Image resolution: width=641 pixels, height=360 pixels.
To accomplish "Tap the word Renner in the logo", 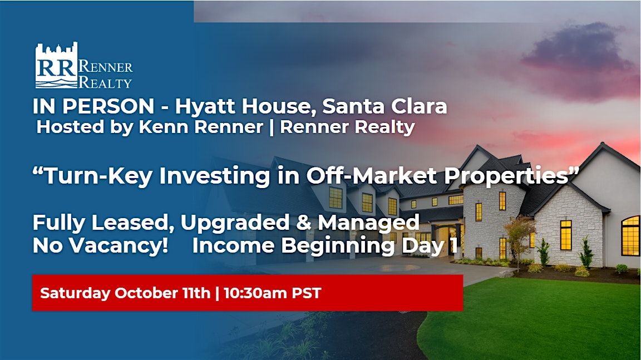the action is tap(105, 66).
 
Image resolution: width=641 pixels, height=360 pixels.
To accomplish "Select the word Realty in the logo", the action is tap(105, 82).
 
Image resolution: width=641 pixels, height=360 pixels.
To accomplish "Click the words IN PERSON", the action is tap(93, 106).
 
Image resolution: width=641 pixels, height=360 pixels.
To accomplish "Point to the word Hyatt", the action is tap(206, 107).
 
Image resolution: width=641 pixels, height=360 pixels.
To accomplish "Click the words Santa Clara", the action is tap(384, 106).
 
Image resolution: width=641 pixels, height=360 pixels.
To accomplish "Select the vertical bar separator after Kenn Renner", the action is tap(272, 127).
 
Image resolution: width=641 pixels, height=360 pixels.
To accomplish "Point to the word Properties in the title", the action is tap(507, 176).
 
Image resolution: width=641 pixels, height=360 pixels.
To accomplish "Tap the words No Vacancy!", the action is tap(100, 245).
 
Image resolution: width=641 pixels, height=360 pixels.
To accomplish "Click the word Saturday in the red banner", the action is tap(75, 293).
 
